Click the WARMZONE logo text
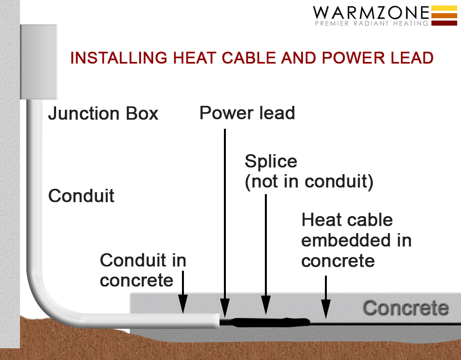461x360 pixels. (x=371, y=13)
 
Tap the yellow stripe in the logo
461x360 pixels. (x=444, y=8)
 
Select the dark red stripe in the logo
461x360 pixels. (x=444, y=22)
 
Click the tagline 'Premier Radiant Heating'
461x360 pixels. (x=371, y=23)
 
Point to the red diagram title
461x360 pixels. (x=252, y=58)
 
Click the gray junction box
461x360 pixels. (x=38, y=61)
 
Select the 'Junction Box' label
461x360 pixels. (x=103, y=114)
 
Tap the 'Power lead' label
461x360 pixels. (x=247, y=113)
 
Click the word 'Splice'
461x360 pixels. (x=271, y=161)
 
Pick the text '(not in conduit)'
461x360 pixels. (x=309, y=181)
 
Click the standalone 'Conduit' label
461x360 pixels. (x=81, y=196)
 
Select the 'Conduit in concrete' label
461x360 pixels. (x=142, y=270)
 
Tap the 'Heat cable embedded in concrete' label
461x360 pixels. (x=356, y=240)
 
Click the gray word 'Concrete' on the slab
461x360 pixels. (x=405, y=308)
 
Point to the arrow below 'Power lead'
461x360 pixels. (x=225, y=220)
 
